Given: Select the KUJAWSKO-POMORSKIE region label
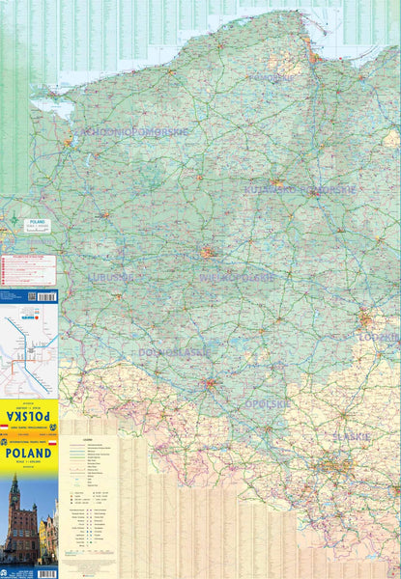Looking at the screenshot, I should point(301,190).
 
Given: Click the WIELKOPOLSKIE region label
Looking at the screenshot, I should point(237,277).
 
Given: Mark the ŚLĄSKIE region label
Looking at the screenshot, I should point(351,436).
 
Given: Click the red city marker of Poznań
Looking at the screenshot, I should point(207,253).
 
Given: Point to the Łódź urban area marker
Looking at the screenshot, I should point(368,318).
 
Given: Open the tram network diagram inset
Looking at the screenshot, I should point(29,343).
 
